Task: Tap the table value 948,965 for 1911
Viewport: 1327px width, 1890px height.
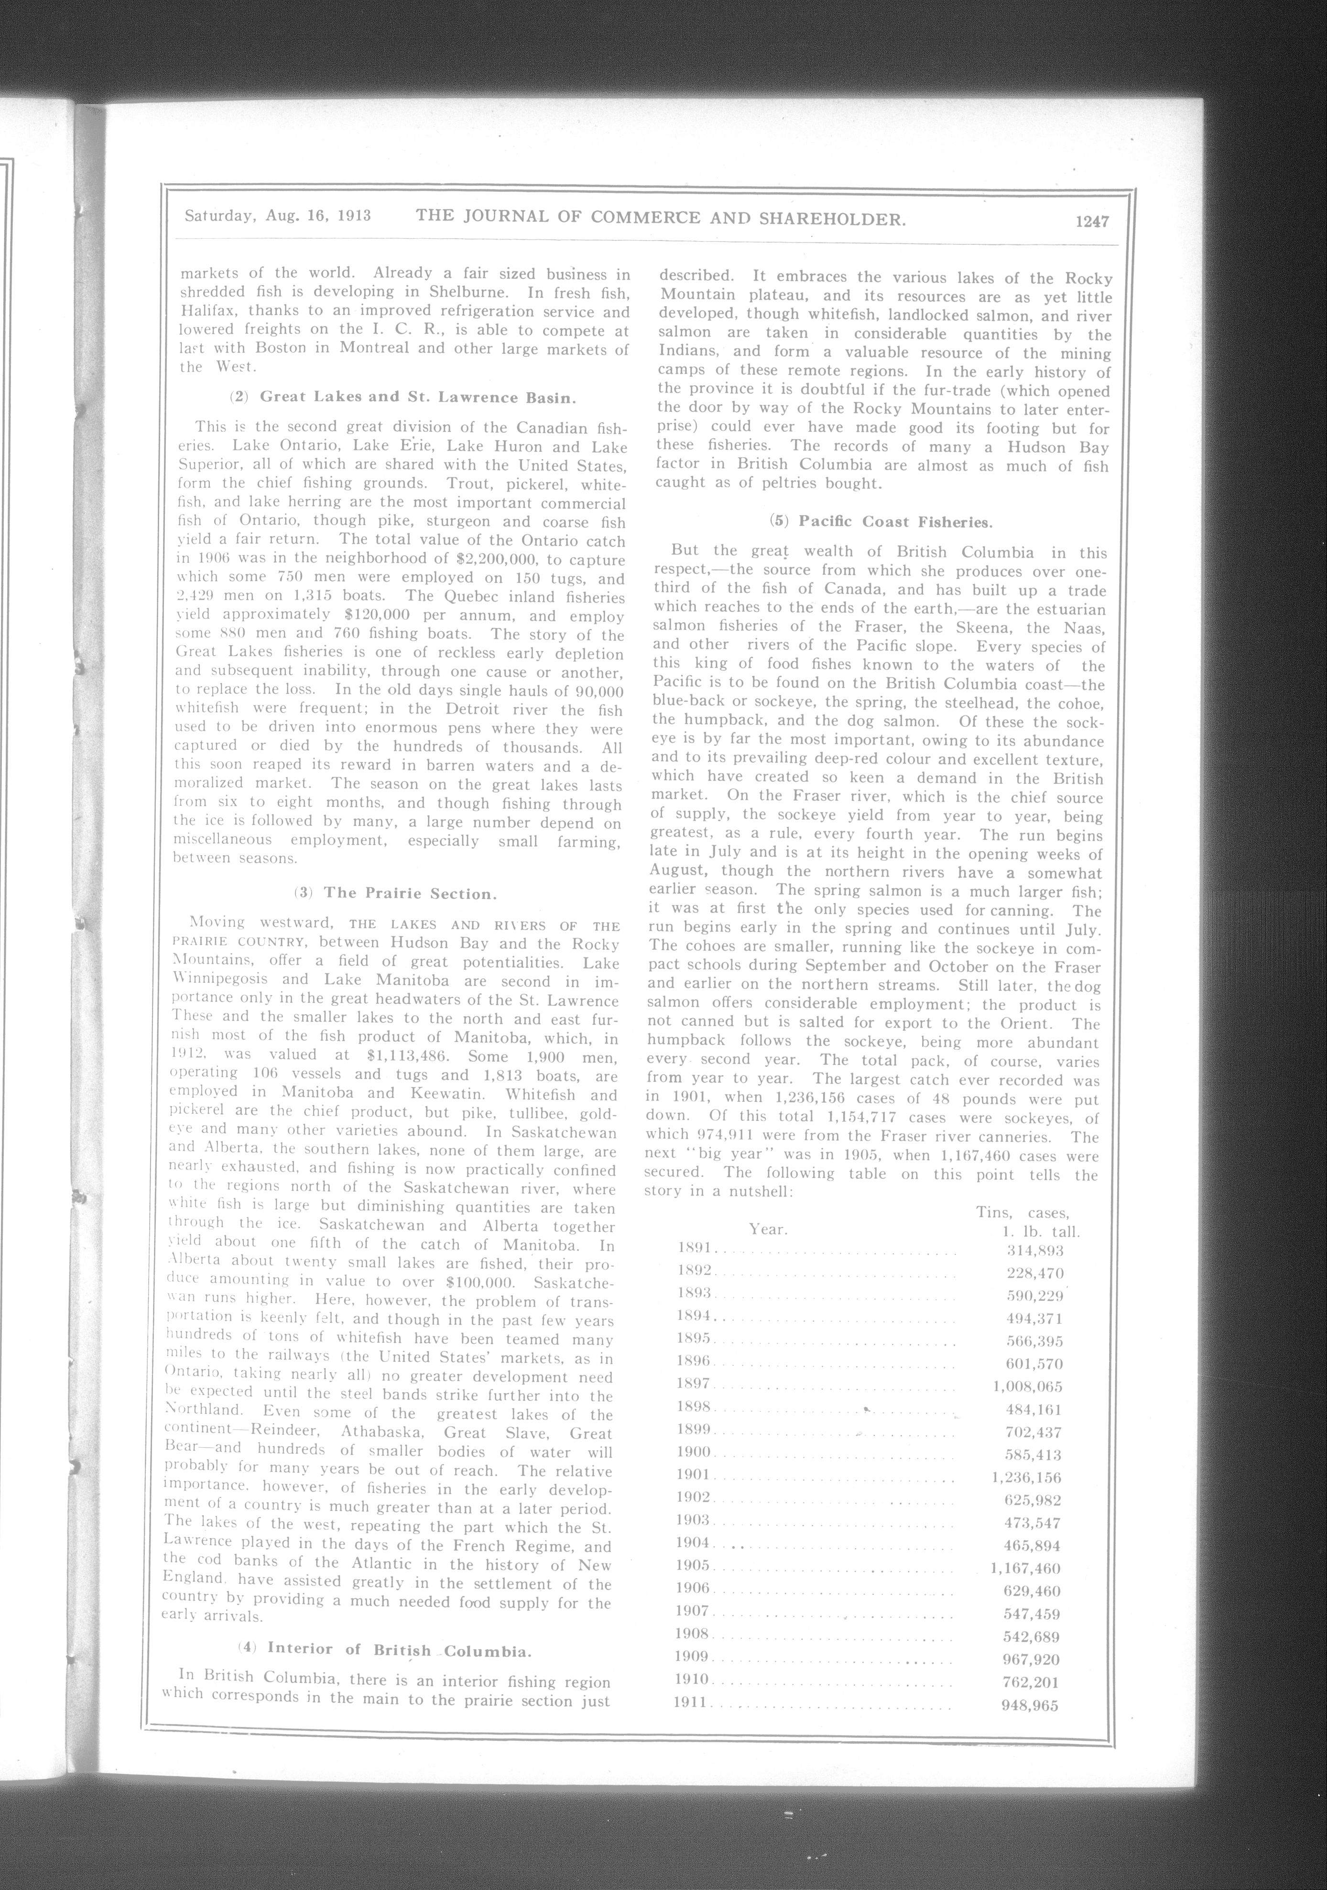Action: tap(1029, 1705)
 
